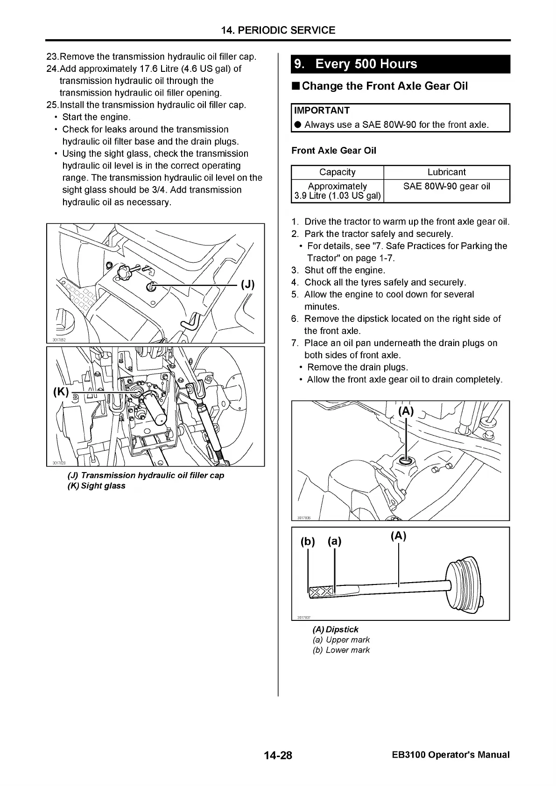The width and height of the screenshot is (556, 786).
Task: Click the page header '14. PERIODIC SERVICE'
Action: pos(278,31)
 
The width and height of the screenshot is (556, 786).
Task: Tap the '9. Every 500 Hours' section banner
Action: pos(400,64)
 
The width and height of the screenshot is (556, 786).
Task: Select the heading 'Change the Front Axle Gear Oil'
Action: pos(384,86)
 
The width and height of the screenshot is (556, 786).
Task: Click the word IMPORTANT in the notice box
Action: pos(322,111)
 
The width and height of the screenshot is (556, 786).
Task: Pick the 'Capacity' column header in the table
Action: pos(337,172)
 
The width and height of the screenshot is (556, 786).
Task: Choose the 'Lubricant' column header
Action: pos(446,172)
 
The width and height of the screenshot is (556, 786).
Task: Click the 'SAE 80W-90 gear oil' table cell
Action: pos(446,187)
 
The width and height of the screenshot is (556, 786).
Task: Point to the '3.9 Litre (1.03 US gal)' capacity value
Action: pos(337,196)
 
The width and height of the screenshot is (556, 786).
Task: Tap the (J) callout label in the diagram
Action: pos(247,285)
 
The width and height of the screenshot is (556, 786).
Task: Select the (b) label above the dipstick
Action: pos(308,542)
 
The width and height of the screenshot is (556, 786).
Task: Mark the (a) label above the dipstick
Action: pos(334,541)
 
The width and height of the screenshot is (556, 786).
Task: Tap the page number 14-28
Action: pos(278,755)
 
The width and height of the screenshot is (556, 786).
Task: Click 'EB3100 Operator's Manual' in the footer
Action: pos(450,755)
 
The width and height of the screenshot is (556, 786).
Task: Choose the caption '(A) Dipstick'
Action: pos(335,629)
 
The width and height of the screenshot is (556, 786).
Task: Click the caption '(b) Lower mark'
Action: pos(341,650)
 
